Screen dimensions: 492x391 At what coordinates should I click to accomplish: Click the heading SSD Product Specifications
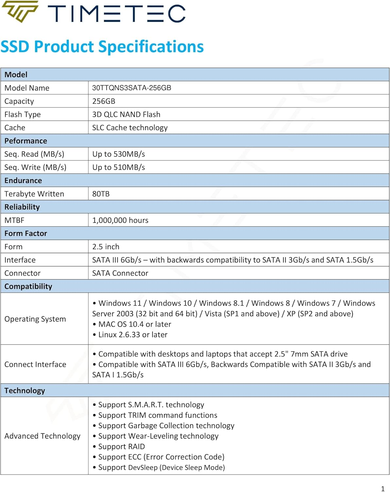click(102, 47)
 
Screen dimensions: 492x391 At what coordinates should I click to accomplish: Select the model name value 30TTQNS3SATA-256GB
click(132, 88)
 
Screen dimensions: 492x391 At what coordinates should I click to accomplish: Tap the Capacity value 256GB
click(104, 101)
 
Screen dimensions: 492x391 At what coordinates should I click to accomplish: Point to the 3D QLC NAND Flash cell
click(126, 114)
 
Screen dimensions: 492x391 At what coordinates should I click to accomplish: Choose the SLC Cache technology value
click(130, 128)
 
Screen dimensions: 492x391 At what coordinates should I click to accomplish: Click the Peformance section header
click(26, 141)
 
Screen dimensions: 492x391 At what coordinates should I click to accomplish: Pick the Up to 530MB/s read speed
click(119, 154)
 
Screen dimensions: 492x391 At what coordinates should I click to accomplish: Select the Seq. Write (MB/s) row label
click(35, 167)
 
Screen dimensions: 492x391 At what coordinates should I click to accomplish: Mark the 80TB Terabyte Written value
click(101, 194)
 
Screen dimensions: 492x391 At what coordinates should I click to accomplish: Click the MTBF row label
click(14, 220)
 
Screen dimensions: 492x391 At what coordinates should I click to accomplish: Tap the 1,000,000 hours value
click(120, 220)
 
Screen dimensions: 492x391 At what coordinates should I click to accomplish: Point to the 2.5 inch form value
click(106, 247)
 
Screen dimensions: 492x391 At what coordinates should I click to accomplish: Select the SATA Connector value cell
click(120, 273)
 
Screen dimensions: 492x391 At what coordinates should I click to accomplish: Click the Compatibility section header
click(28, 286)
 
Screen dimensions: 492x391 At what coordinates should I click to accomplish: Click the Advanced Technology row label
click(42, 436)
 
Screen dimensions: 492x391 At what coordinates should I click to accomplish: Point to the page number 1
click(382, 489)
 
